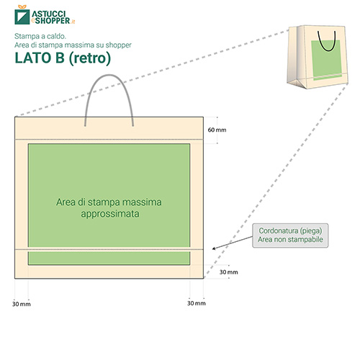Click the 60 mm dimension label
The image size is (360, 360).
point(217,130)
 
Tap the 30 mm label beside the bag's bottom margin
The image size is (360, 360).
point(229,272)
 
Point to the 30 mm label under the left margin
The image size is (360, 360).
point(22,304)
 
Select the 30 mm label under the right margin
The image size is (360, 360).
point(197,303)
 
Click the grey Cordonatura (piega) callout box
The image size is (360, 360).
point(290,235)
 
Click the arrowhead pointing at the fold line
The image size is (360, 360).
point(214,248)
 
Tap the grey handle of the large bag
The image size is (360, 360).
point(109,76)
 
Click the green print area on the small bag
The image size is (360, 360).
point(326,60)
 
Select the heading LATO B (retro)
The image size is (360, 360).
point(63,58)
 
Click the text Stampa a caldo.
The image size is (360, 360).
point(40,36)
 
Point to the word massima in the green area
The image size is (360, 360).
point(142,202)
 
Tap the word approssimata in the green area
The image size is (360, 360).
point(110,214)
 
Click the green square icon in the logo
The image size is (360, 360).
point(22,17)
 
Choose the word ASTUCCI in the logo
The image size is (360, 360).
point(49,14)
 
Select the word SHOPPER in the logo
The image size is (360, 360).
point(53,21)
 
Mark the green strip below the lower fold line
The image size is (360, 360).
point(109,258)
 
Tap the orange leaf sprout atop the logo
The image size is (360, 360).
point(22,6)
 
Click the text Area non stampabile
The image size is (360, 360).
point(290,239)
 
